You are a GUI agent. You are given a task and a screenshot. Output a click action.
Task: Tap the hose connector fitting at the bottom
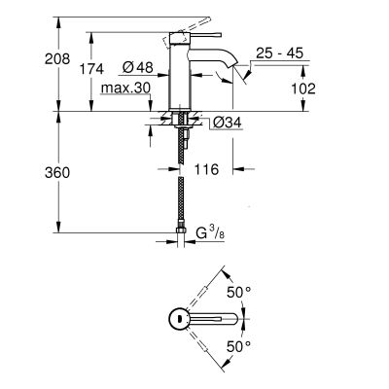point(183,234)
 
